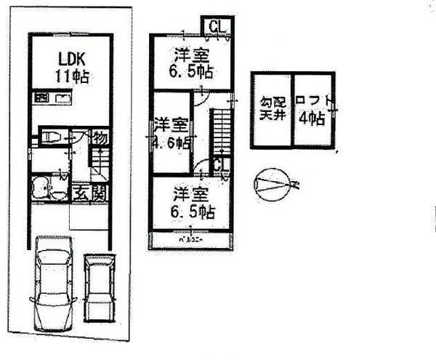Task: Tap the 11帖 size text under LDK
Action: point(70,77)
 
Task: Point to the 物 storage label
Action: point(100,137)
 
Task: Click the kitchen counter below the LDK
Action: point(52,99)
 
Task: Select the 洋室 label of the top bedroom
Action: point(193,55)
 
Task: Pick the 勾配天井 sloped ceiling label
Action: point(271,109)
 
